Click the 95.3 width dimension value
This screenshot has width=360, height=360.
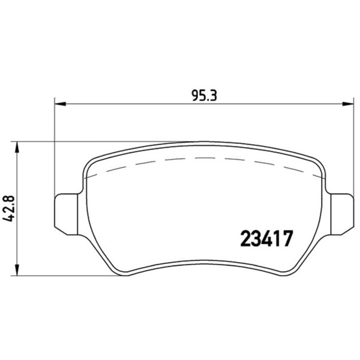[x=204, y=96]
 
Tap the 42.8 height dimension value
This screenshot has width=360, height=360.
[x=9, y=208]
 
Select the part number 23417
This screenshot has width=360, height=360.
[x=267, y=238]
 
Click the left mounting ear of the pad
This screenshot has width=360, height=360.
[x=67, y=214]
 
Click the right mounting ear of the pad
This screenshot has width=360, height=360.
[x=341, y=214]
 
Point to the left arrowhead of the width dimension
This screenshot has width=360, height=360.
[x=61, y=104]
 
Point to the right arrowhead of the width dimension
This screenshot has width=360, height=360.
[x=347, y=104]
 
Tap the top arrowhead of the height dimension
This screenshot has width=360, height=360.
[x=17, y=147]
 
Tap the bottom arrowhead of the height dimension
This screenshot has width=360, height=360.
[x=17, y=270]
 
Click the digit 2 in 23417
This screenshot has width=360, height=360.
[x=245, y=238]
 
